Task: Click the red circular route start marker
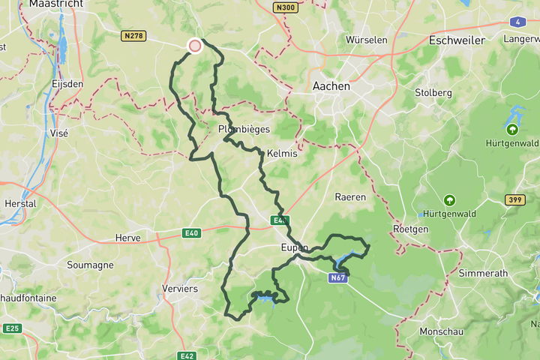195,46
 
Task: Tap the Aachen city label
331,86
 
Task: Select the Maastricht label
55,4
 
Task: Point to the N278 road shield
133,35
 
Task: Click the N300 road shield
285,7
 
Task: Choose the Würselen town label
366,39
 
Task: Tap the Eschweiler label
457,40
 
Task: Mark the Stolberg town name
433,93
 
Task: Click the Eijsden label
67,84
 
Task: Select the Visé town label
58,133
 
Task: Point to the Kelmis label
282,153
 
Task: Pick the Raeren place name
350,197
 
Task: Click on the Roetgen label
410,229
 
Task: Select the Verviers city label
179,289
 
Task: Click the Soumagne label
90,265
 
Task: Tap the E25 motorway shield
12,328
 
